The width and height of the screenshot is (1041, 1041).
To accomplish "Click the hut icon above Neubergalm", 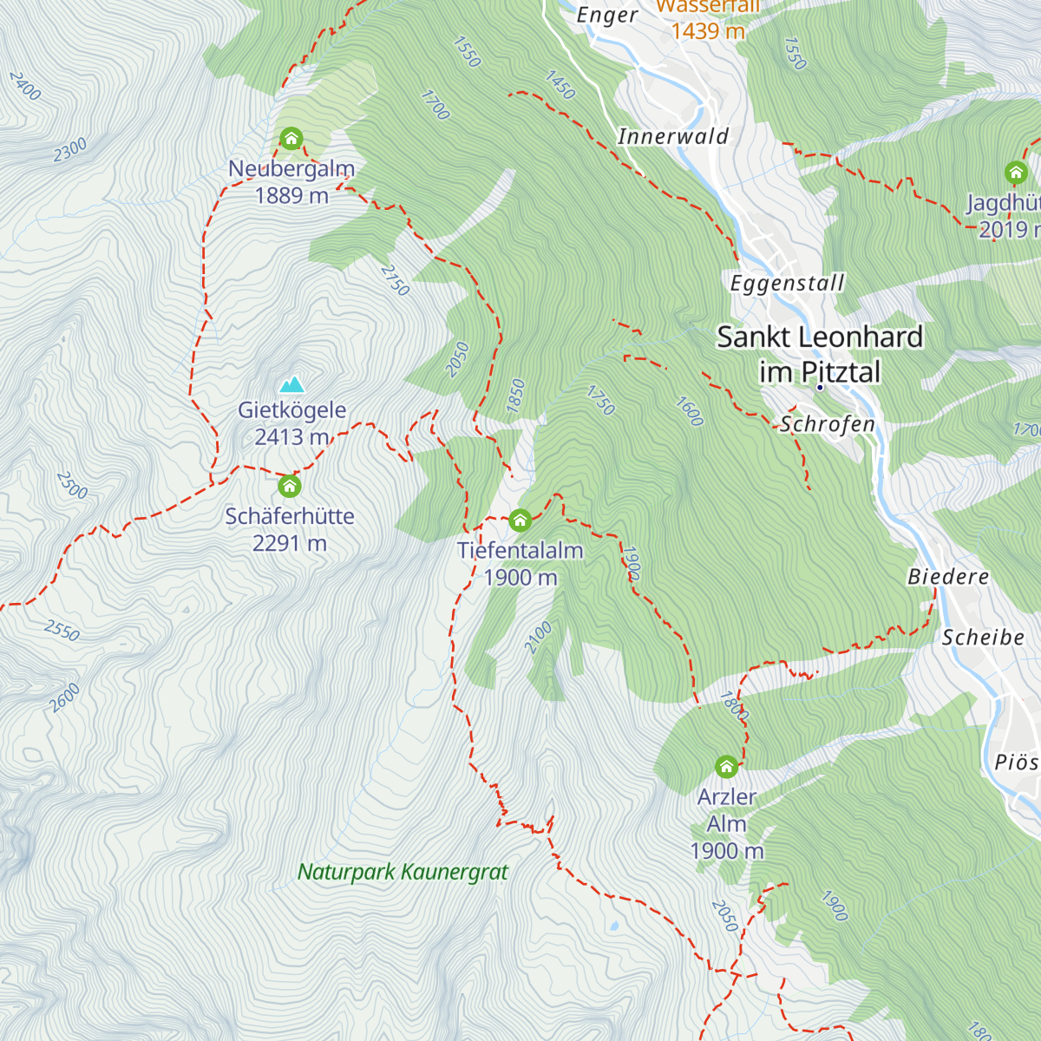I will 291,139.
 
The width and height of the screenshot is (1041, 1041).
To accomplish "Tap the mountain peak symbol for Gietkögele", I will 291,384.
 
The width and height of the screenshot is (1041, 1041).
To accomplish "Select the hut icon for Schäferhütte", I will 290,486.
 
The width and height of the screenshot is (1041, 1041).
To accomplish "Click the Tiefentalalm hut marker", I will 520,520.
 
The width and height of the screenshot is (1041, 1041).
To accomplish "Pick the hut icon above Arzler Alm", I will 727,767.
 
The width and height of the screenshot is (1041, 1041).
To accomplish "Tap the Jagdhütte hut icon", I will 1016,172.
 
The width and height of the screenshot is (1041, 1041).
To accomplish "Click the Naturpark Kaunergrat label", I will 403,872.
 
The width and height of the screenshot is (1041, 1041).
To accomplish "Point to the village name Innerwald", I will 673,136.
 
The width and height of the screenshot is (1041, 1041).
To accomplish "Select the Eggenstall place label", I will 787,284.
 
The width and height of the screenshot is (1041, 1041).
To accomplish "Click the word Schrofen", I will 828,424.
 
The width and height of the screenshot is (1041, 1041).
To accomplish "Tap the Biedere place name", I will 948,577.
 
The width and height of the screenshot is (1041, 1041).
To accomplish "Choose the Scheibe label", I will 983,638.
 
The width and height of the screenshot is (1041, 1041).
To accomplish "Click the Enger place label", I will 607,16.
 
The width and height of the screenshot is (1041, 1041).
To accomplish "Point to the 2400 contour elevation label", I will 25,86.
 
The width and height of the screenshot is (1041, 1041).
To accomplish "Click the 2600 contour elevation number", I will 65,697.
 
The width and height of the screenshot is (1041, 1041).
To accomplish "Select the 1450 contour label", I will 560,85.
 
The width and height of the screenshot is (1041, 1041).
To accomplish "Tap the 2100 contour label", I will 538,638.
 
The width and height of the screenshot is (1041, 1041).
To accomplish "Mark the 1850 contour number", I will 516,396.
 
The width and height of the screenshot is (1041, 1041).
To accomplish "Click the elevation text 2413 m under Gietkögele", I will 291,437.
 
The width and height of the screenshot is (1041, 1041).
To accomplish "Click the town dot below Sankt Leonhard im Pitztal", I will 819,387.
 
